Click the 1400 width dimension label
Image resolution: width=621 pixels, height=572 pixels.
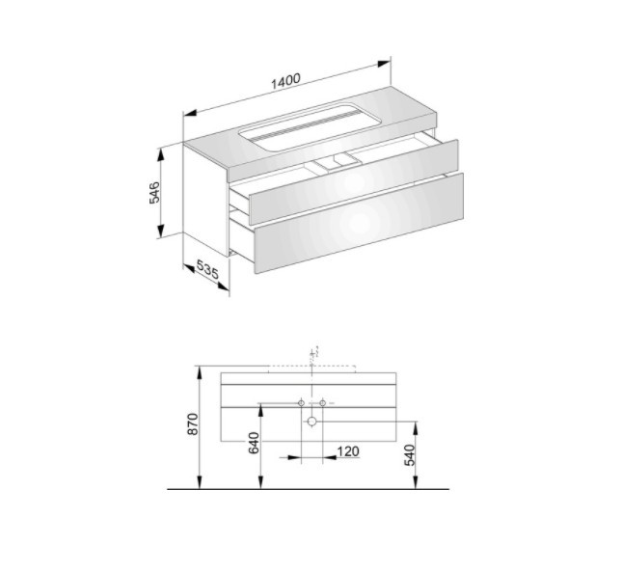(285, 81)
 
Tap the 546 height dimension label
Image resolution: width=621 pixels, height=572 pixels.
(154, 193)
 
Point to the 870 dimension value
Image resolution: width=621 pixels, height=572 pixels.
(193, 423)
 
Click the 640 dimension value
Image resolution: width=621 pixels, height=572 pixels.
(254, 443)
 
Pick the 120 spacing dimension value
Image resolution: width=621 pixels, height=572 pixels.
(348, 451)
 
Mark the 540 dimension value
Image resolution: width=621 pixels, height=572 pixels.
(410, 455)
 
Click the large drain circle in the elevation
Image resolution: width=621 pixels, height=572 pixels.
(312, 422)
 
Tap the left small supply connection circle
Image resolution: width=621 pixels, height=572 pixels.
(302, 403)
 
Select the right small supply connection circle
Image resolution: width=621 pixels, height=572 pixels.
(322, 403)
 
